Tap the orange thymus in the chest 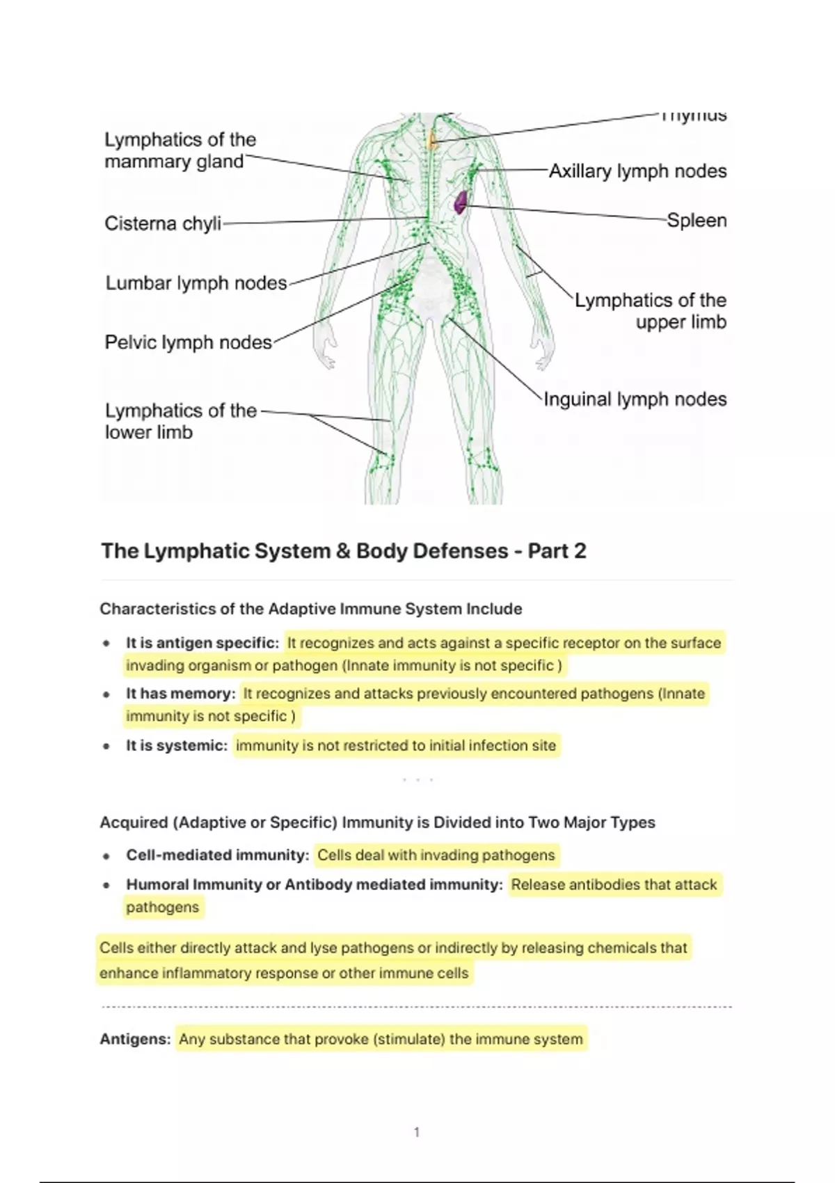click(x=433, y=141)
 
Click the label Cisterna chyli click(x=163, y=223)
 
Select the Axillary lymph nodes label click(x=637, y=171)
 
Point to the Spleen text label click(x=697, y=221)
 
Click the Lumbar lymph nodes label click(x=196, y=283)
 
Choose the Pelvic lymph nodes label click(x=188, y=342)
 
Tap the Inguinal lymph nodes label click(x=635, y=399)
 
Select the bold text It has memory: click(x=181, y=694)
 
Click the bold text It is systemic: click(x=177, y=746)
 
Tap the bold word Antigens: click(x=135, y=1040)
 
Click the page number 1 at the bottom click(x=417, y=1133)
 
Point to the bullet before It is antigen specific click(x=106, y=644)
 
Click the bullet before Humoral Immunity click(x=106, y=886)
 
